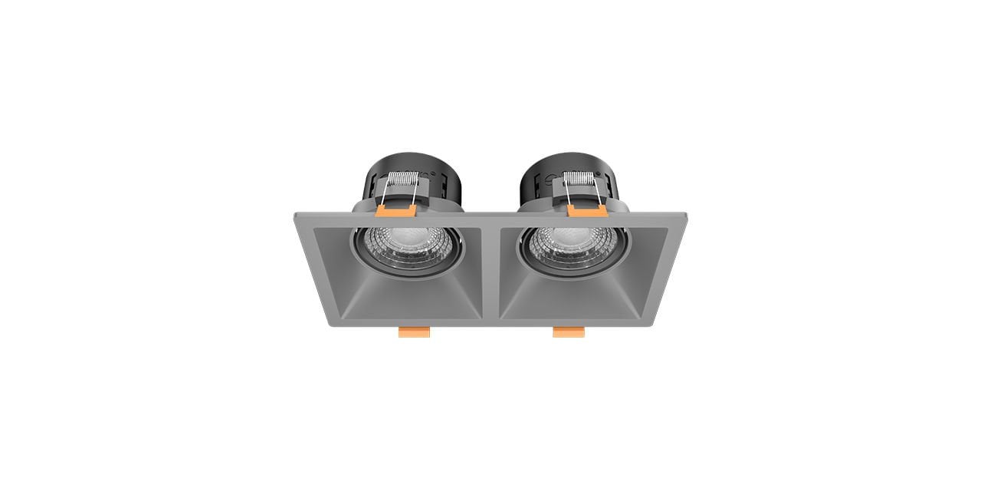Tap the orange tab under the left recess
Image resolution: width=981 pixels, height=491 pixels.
coord(414,331)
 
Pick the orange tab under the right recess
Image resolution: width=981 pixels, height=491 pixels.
coord(569,331)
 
